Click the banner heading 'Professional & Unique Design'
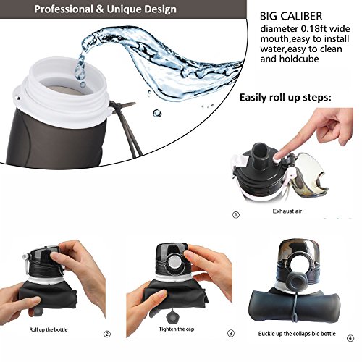pyautogui.click(x=105, y=9)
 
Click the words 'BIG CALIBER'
pyautogui.click(x=291, y=17)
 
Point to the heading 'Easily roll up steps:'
pyautogui.click(x=285, y=98)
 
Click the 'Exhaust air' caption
pyautogui.click(x=287, y=211)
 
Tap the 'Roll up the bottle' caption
pyautogui.click(x=49, y=329)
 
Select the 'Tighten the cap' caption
pyautogui.click(x=177, y=329)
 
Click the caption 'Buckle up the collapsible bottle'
pyautogui.click(x=297, y=334)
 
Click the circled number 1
pyautogui.click(x=236, y=215)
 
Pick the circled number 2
pyautogui.click(x=107, y=334)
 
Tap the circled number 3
pyautogui.click(x=231, y=333)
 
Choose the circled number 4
pyautogui.click(x=350, y=338)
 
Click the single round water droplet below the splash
pyautogui.click(x=157, y=113)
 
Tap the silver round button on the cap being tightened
pyautogui.click(x=173, y=262)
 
